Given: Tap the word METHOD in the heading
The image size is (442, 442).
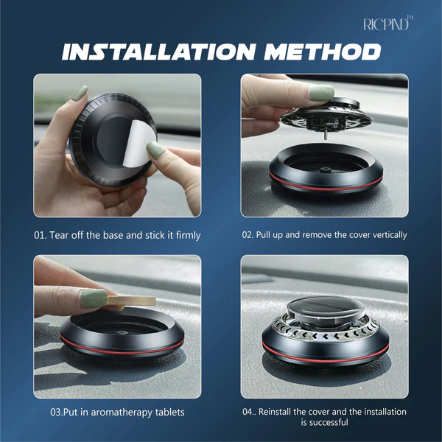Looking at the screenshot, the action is (x=323, y=52).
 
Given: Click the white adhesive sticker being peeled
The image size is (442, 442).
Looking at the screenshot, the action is (x=138, y=143).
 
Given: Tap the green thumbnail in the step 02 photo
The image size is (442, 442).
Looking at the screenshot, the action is (x=321, y=93).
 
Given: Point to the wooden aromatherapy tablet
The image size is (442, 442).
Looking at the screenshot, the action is (x=131, y=301).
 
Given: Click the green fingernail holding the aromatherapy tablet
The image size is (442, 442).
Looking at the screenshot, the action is (x=94, y=298).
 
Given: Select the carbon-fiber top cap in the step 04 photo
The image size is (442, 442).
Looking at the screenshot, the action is (x=326, y=307).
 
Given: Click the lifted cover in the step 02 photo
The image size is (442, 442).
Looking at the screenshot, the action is (x=326, y=116).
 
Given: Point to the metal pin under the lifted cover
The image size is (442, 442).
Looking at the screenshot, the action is (x=326, y=136).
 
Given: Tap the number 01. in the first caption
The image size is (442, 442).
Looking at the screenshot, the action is (x=41, y=235).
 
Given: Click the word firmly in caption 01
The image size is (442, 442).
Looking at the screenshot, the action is (x=188, y=235).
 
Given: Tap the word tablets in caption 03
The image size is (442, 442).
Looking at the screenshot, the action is (x=170, y=412).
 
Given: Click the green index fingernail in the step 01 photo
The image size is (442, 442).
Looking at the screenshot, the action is (x=80, y=93).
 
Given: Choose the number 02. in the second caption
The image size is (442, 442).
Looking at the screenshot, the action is (x=248, y=235).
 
